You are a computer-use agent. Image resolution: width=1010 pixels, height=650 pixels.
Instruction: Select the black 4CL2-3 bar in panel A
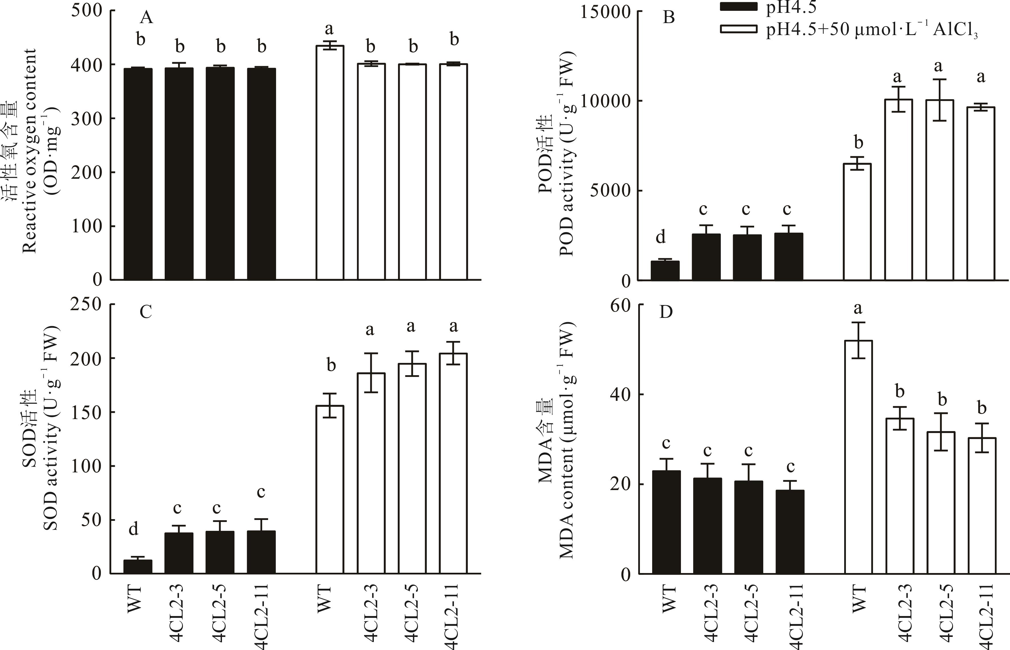[179, 173]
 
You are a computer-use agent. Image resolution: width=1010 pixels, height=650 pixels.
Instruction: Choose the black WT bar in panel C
[138, 566]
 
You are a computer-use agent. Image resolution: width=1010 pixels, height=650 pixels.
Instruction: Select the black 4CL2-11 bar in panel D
[790, 532]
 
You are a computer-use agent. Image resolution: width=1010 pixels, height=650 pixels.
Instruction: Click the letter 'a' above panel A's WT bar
[329, 29]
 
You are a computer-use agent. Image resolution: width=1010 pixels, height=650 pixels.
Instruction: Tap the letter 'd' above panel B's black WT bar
[660, 237]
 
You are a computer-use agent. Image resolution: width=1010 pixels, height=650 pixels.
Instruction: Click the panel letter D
[666, 312]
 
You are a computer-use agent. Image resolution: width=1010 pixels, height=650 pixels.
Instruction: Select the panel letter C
[146, 312]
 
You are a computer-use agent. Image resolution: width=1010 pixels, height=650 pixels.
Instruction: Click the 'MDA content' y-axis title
[566, 441]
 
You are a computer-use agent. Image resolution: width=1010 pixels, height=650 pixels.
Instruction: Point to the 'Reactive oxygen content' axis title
[30, 150]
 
